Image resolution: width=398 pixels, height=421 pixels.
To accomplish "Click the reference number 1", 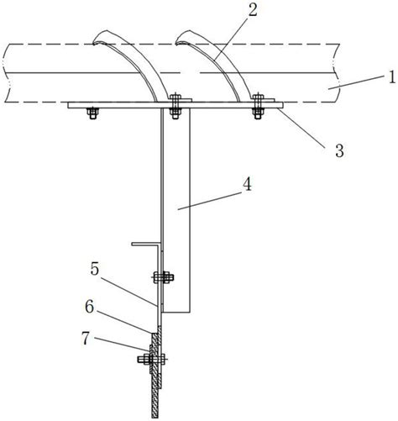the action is pyautogui.click(x=392, y=77).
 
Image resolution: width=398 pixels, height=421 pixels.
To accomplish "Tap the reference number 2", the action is pyautogui.click(x=253, y=10).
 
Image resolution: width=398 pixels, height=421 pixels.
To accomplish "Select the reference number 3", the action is pyautogui.click(x=339, y=150).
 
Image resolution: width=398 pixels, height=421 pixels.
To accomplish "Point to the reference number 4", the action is pyautogui.click(x=247, y=184).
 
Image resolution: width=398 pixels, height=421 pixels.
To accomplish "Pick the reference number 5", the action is pyautogui.click(x=95, y=269).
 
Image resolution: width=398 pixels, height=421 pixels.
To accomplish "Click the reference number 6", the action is pyautogui.click(x=90, y=307).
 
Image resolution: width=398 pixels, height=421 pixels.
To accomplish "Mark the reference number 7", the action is pyautogui.click(x=86, y=339).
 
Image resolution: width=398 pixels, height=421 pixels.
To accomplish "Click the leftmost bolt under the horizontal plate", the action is pyautogui.click(x=92, y=113).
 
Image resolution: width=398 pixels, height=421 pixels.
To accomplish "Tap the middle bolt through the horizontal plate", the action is pyautogui.click(x=175, y=107).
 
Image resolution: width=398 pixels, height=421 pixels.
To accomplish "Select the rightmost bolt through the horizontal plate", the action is pyautogui.click(x=258, y=107).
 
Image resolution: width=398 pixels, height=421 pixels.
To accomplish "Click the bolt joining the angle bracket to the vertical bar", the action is pyautogui.click(x=164, y=277).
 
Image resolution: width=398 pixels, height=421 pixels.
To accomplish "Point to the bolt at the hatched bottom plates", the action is pyautogui.click(x=152, y=359).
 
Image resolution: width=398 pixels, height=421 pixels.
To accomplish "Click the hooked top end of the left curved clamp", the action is pyautogui.click(x=98, y=39).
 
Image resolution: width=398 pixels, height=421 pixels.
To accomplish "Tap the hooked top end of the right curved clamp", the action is pyautogui.click(x=181, y=39).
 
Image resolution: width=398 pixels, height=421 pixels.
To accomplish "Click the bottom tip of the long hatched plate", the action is pyautogui.click(x=155, y=418).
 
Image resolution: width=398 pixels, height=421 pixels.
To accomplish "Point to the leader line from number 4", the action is pyautogui.click(x=210, y=201).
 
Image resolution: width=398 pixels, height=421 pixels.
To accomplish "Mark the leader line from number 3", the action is pyautogui.click(x=301, y=128).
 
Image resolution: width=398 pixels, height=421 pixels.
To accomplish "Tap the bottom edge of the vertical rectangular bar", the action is pyautogui.click(x=176, y=312).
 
